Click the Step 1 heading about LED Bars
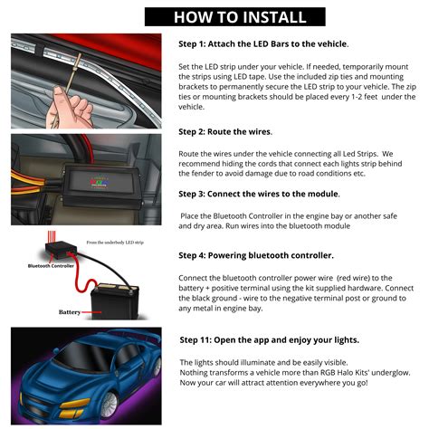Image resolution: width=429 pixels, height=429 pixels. click(x=262, y=43)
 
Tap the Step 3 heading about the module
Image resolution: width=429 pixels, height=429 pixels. click(x=259, y=194)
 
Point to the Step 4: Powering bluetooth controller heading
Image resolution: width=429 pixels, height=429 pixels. click(x=269, y=255)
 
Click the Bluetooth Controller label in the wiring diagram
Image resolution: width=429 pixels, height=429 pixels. click(x=52, y=266)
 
